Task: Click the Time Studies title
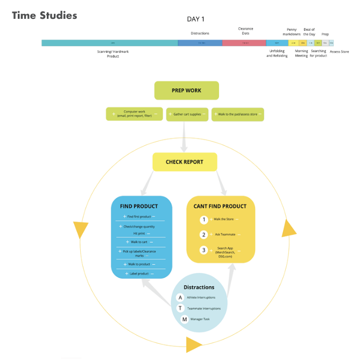pos(44,15)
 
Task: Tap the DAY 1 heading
pos(195,19)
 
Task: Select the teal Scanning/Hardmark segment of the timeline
pos(110,43)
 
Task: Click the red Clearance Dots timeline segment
pos(244,43)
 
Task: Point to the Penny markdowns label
pos(292,32)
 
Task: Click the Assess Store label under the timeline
pos(339,52)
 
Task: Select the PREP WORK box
pos(186,90)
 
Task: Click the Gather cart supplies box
pos(186,114)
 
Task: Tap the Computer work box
pos(135,114)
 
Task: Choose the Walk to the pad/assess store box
pos(238,114)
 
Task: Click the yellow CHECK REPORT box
pos(185,162)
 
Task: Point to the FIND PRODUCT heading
pos(139,206)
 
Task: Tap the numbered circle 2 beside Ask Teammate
pos(203,235)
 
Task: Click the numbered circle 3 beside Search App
pos(203,250)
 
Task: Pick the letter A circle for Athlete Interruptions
pos(180,297)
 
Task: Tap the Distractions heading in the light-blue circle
pos(199,287)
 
